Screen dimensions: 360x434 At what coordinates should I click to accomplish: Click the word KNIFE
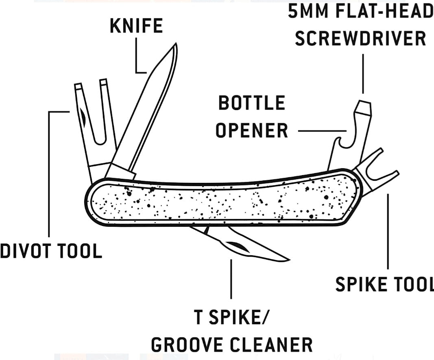coord(136,26)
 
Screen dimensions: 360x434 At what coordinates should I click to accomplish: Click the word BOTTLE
coord(252,103)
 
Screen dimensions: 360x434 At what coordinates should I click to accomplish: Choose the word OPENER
coord(252,131)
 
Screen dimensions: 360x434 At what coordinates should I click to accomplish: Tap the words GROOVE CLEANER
coord(232,345)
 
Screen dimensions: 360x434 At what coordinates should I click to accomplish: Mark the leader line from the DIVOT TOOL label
coord(49,171)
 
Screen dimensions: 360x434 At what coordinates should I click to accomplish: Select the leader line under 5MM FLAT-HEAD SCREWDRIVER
coord(362,73)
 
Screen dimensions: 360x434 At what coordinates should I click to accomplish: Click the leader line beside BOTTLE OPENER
coord(321,131)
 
